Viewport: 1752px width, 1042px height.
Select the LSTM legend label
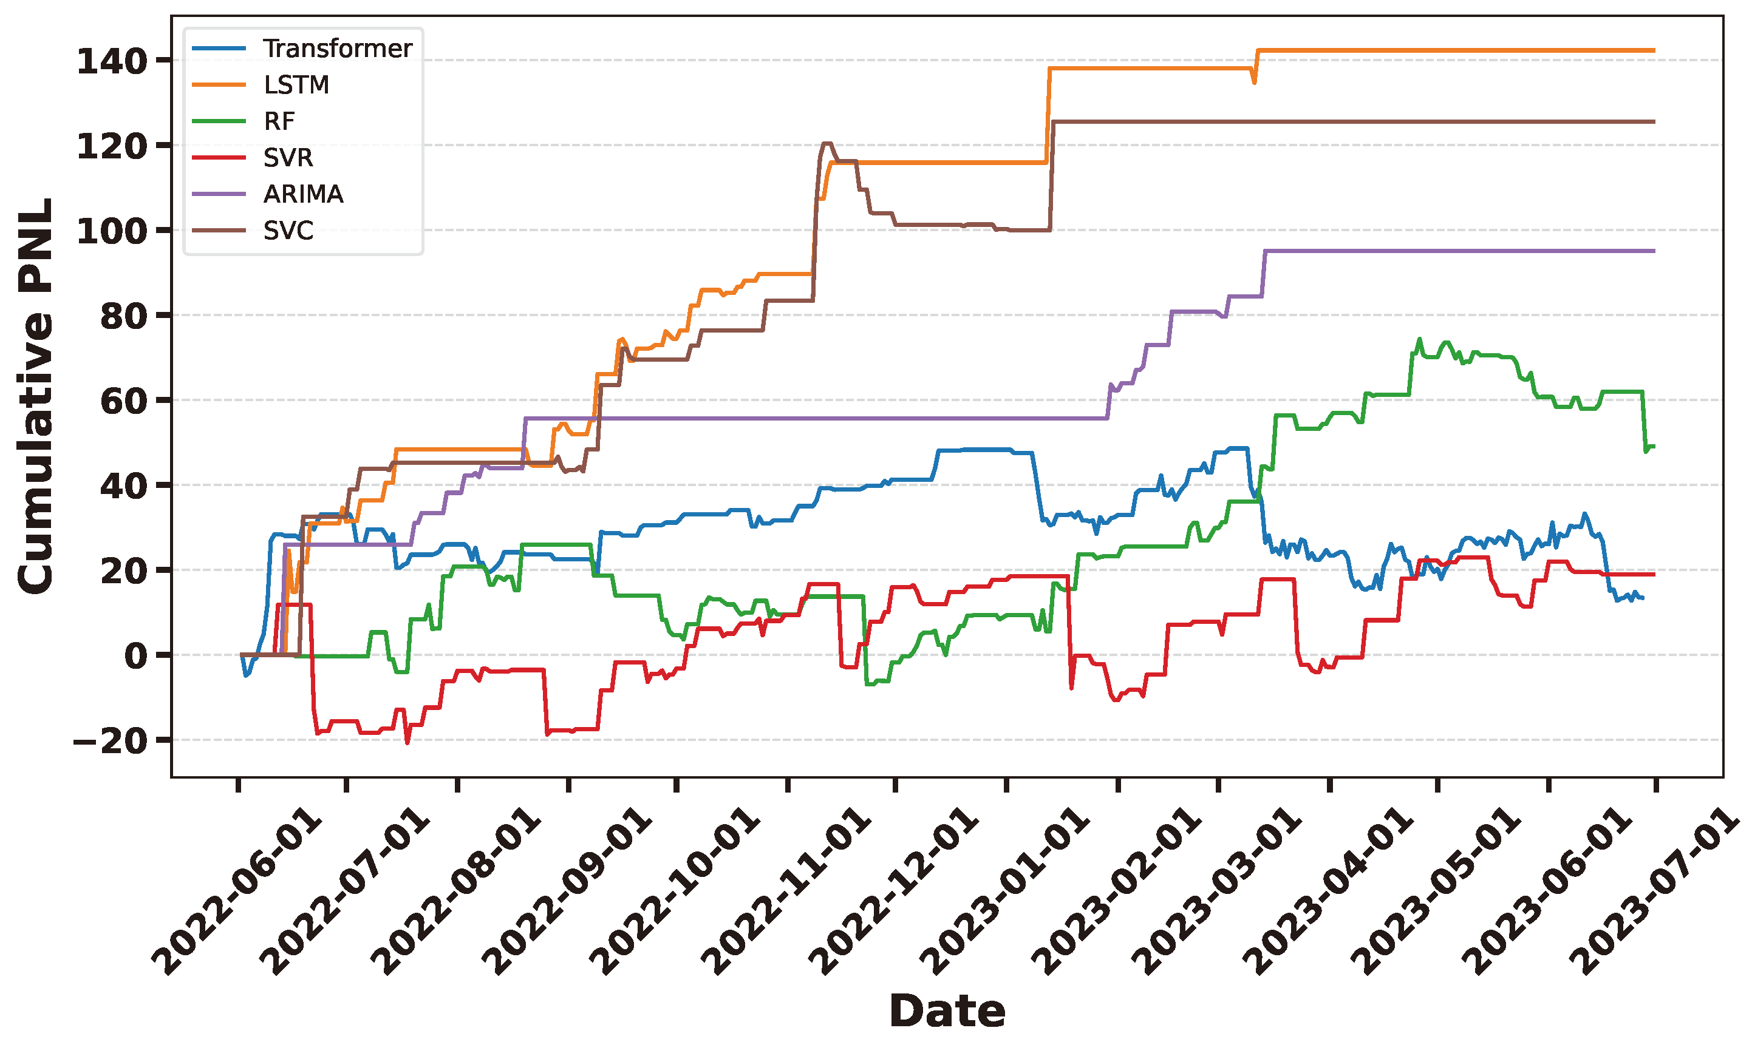296,85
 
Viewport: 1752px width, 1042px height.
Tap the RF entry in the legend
279,121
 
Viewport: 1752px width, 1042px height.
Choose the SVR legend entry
288,158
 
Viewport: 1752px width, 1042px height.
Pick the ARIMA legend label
303,194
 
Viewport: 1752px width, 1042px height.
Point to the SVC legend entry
288,230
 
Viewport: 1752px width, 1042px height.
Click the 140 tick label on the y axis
111,61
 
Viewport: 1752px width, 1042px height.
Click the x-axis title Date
946,1011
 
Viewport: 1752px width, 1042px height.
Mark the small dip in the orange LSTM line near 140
1254,82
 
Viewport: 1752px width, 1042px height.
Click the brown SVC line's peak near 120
827,143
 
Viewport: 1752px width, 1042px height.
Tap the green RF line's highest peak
1419,339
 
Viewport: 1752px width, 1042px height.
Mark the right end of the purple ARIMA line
1654,251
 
